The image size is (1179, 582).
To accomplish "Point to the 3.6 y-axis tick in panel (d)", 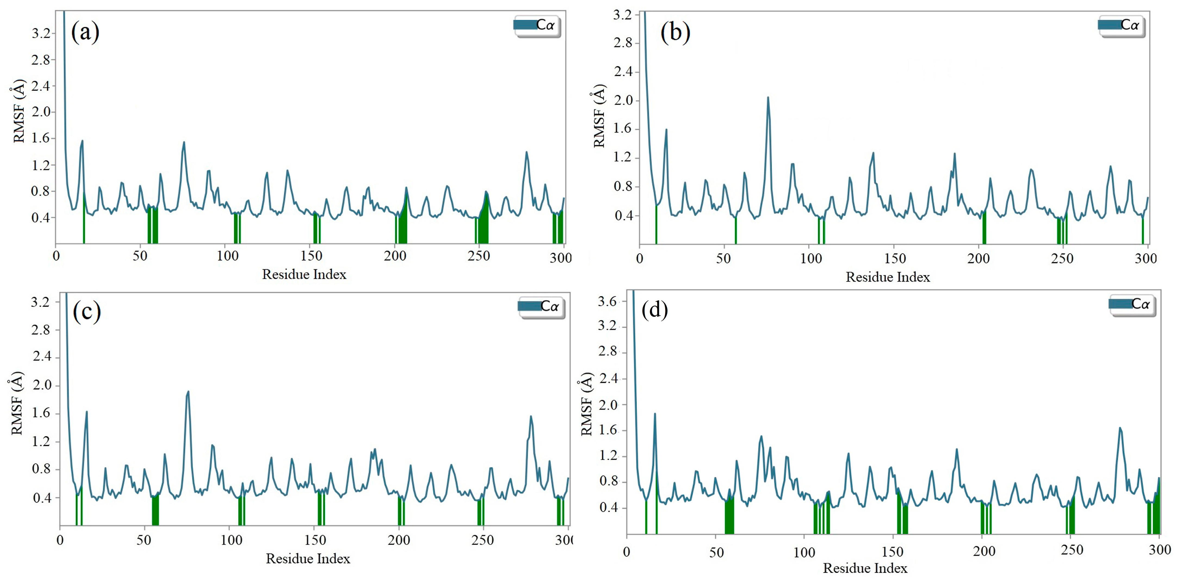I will pyautogui.click(x=607, y=301).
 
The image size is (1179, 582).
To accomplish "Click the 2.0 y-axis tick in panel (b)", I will pyautogui.click(x=623, y=100).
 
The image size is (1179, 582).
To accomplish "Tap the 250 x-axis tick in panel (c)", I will pyautogui.click(x=482, y=540).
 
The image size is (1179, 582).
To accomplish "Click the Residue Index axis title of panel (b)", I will pyautogui.click(x=887, y=277).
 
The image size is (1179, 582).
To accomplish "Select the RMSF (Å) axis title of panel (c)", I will pyautogui.click(x=17, y=403).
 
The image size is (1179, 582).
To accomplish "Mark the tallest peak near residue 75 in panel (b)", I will pyautogui.click(x=768, y=97).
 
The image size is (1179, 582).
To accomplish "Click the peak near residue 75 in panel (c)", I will pyautogui.click(x=188, y=392).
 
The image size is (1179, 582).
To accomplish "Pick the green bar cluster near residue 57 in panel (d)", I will pyautogui.click(x=729, y=515).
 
